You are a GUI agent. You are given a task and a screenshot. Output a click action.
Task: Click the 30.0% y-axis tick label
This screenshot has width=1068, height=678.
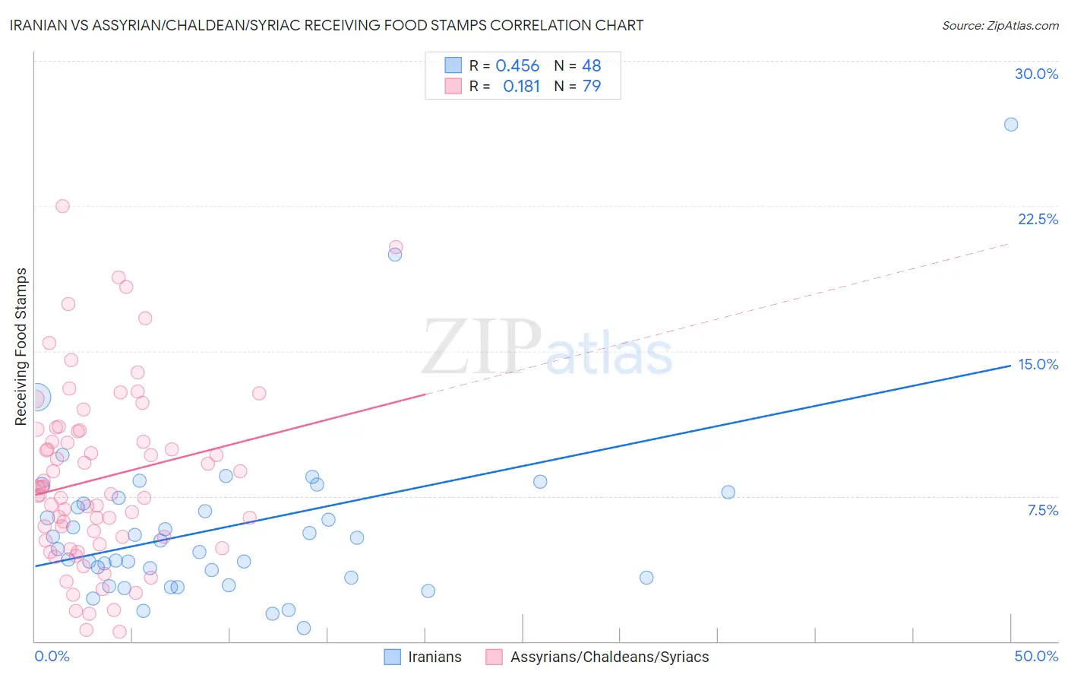tap(1036, 74)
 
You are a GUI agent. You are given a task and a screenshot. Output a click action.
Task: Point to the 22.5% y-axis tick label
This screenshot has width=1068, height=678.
tap(1038, 219)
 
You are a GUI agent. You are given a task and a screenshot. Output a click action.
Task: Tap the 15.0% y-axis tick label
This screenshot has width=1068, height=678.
tap(1038, 364)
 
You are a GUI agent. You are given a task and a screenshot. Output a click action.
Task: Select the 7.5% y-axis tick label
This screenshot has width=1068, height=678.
tap(1042, 510)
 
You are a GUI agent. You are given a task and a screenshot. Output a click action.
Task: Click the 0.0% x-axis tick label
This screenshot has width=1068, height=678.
tap(52, 656)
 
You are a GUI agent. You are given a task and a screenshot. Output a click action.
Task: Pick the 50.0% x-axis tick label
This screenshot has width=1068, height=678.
tap(1036, 656)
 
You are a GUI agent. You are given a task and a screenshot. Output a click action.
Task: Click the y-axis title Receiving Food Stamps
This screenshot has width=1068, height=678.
tap(21, 347)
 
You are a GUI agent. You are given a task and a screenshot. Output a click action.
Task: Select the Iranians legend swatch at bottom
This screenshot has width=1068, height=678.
tap(392, 657)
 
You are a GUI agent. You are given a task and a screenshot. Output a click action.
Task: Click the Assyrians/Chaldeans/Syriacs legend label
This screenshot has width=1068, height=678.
tap(609, 657)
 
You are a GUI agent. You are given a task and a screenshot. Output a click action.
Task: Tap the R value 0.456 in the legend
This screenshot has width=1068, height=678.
tap(517, 66)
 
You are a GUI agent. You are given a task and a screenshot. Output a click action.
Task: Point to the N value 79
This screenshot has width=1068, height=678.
tap(592, 87)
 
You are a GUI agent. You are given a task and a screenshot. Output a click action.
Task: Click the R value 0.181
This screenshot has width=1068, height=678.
tap(521, 87)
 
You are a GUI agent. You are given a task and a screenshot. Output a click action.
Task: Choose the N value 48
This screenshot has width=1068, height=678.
tap(592, 66)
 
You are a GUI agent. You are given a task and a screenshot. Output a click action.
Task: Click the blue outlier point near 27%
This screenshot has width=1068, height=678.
tap(1011, 125)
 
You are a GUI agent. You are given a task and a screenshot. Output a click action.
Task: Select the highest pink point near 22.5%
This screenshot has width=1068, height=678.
tap(62, 206)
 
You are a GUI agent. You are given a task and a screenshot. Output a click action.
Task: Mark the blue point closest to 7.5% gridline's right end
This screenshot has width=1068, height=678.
tap(728, 492)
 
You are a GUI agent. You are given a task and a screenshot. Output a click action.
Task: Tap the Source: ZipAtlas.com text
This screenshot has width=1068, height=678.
tap(1000, 25)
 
